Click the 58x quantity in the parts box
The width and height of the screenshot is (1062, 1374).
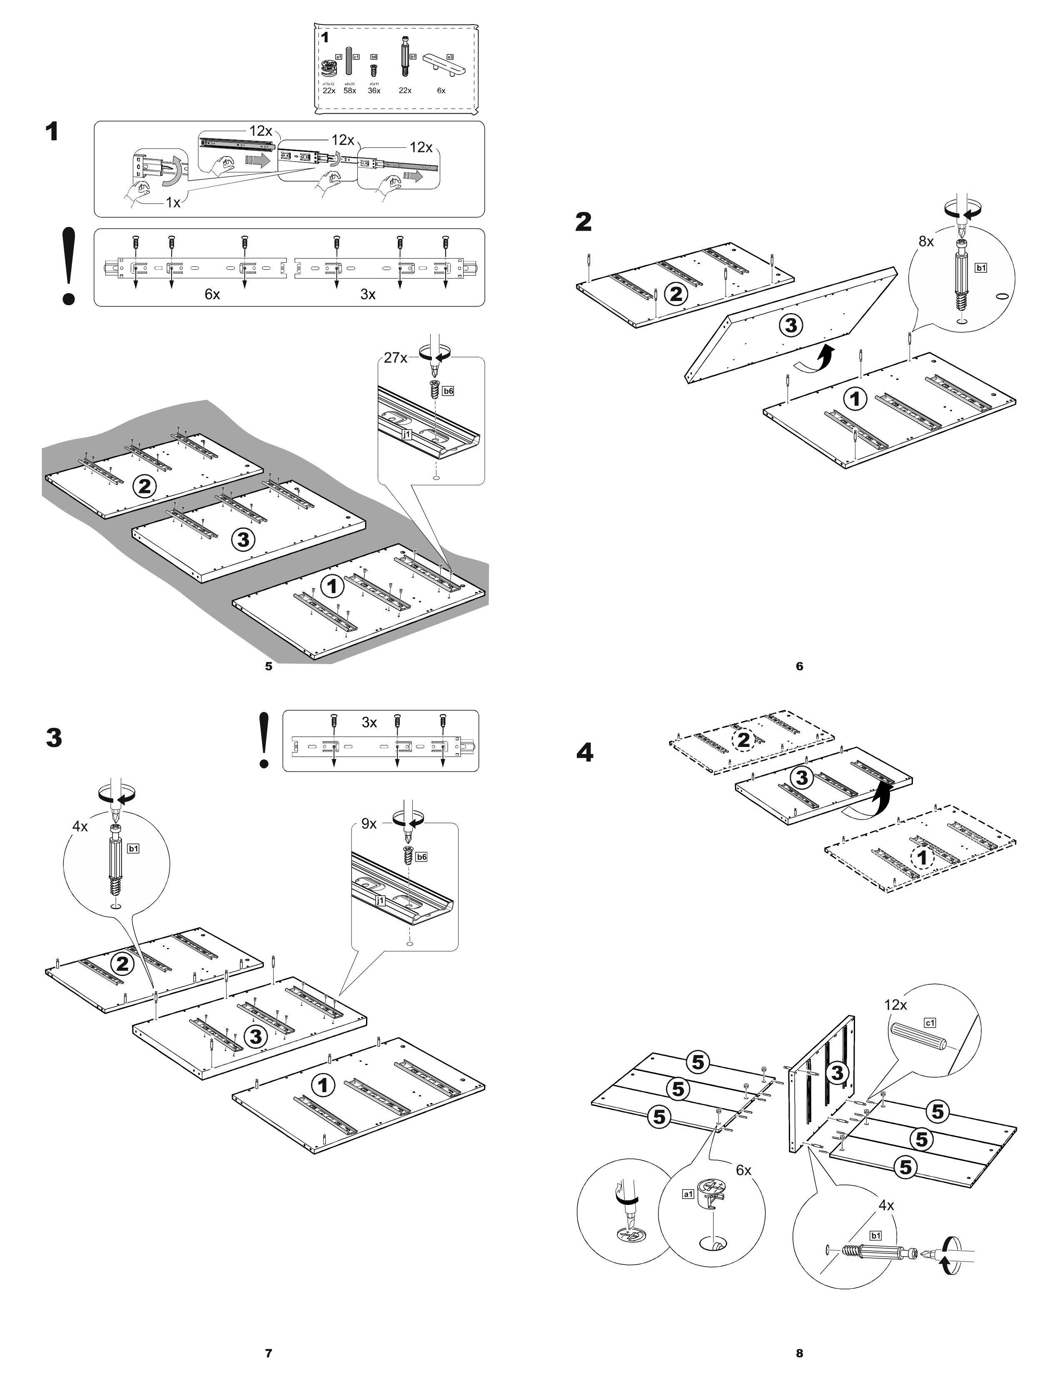coord(350,91)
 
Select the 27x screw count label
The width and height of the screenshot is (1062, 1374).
coord(396,357)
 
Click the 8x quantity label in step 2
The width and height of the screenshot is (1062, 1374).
coord(926,241)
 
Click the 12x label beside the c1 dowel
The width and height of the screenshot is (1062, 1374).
coord(895,1005)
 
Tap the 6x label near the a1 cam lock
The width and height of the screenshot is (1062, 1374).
coord(744,1170)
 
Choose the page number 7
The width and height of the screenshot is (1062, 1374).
coord(269,1348)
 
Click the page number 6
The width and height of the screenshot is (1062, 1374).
coord(800,666)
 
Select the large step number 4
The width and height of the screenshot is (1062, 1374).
coord(584,753)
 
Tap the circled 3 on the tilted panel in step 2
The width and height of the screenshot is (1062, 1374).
coord(791,325)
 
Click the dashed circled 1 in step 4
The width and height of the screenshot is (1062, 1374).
coord(922,857)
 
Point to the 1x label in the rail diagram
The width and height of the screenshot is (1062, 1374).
coord(173,203)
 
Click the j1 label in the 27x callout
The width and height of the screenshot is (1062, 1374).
coord(407,434)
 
